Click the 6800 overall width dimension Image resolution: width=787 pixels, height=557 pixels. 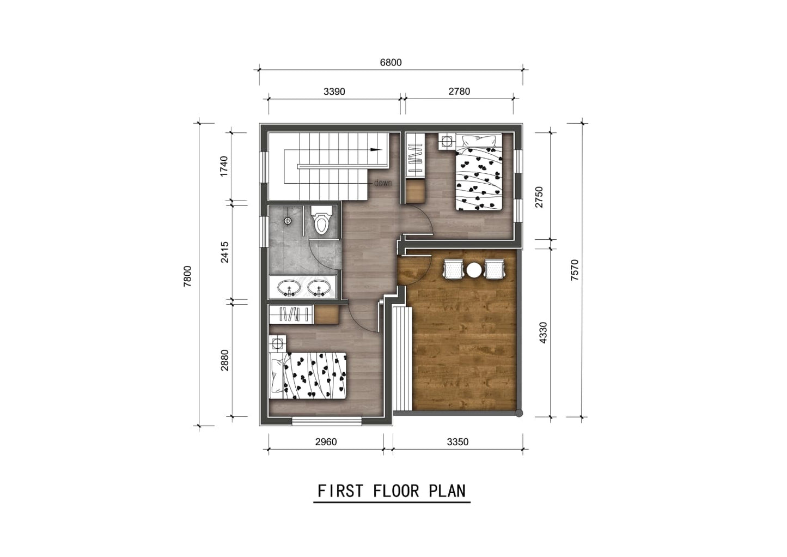391,63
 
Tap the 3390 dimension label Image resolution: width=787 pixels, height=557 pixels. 334,92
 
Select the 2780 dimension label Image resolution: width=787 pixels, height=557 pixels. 459,92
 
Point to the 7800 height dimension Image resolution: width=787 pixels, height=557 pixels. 188,276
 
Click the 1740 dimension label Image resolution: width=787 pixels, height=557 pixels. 224,166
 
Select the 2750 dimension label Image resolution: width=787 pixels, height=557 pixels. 539,197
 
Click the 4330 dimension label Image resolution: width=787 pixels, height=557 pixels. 542,332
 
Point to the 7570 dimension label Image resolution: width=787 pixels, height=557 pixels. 574,270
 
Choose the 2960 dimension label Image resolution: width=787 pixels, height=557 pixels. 326,442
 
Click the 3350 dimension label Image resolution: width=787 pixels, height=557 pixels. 457,442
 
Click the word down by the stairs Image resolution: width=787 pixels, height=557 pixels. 382,183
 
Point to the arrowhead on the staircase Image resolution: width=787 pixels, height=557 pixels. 375,149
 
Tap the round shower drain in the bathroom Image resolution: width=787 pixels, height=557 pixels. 288,221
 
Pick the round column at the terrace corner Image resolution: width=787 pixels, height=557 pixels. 519,413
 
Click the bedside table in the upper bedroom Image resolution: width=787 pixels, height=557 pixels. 447,142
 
